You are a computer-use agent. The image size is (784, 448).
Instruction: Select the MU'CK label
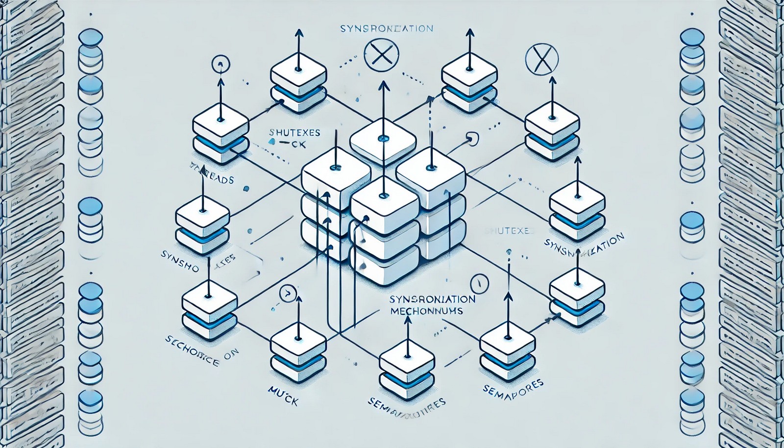(284, 388)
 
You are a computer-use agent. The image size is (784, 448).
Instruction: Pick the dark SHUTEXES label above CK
(295, 132)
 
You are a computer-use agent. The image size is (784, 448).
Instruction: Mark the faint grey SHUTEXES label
(505, 231)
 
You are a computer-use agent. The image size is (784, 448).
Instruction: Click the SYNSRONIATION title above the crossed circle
(387, 28)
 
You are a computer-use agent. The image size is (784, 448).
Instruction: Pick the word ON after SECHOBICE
(226, 357)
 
